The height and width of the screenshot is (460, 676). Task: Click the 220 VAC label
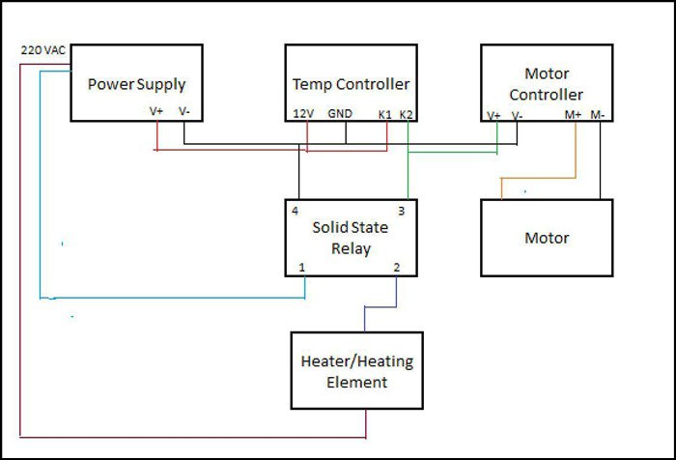pos(42,48)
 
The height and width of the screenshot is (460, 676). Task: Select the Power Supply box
pos(136,83)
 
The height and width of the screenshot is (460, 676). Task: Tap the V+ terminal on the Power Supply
pos(156,112)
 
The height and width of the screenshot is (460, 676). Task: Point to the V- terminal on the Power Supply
pos(183,112)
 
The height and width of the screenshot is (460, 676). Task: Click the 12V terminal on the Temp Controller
pos(301,113)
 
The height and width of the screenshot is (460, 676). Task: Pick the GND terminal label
pos(340,113)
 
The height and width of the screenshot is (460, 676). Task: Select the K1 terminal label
pos(385,113)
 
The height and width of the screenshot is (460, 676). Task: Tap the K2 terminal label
pos(407,113)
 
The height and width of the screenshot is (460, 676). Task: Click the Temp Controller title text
pos(351,84)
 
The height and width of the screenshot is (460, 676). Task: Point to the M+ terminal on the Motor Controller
pos(574,114)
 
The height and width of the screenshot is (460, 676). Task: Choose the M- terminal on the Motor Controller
pos(599,114)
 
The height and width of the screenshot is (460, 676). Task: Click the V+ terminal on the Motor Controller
pos(493,114)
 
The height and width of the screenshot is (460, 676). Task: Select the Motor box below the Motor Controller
pos(547,238)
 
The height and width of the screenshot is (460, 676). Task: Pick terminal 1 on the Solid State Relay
pos(301,266)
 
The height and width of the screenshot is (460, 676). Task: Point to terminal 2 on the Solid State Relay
pos(396,266)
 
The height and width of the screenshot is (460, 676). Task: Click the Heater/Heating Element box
pos(356,371)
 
